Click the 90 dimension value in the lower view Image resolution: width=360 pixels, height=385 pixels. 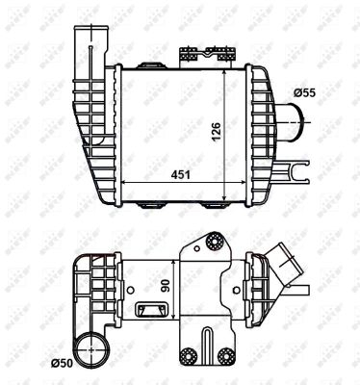tap(166, 285)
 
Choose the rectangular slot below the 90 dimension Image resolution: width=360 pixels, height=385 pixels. tap(150, 310)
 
